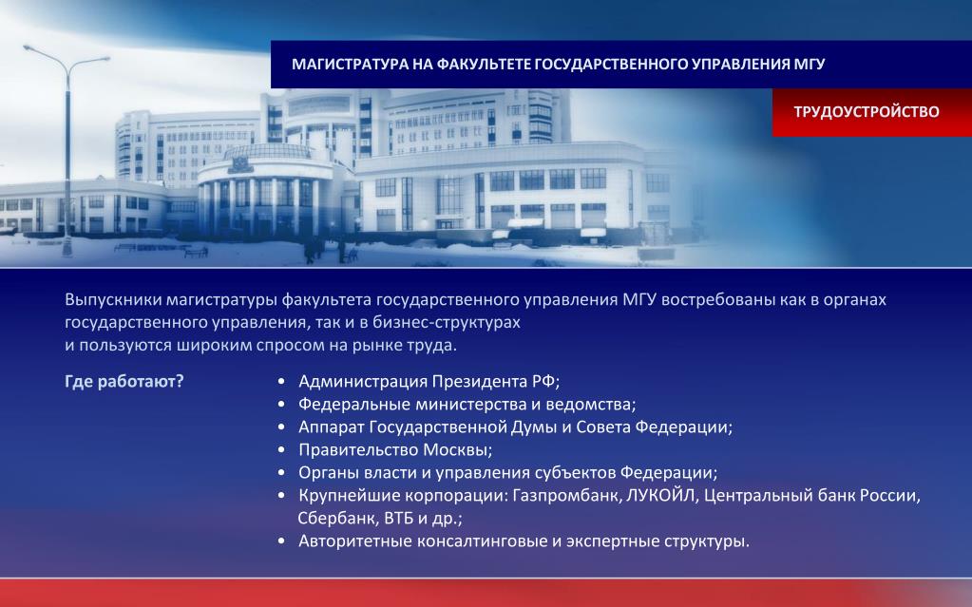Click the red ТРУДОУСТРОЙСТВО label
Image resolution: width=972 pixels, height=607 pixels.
[x=866, y=111]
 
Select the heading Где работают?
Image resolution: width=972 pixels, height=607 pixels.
[x=124, y=381]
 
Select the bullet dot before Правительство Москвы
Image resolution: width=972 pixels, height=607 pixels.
[x=281, y=450]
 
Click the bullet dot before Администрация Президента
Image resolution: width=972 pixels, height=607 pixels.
[x=281, y=381]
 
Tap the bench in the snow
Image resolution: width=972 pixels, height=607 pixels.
[x=196, y=253]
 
